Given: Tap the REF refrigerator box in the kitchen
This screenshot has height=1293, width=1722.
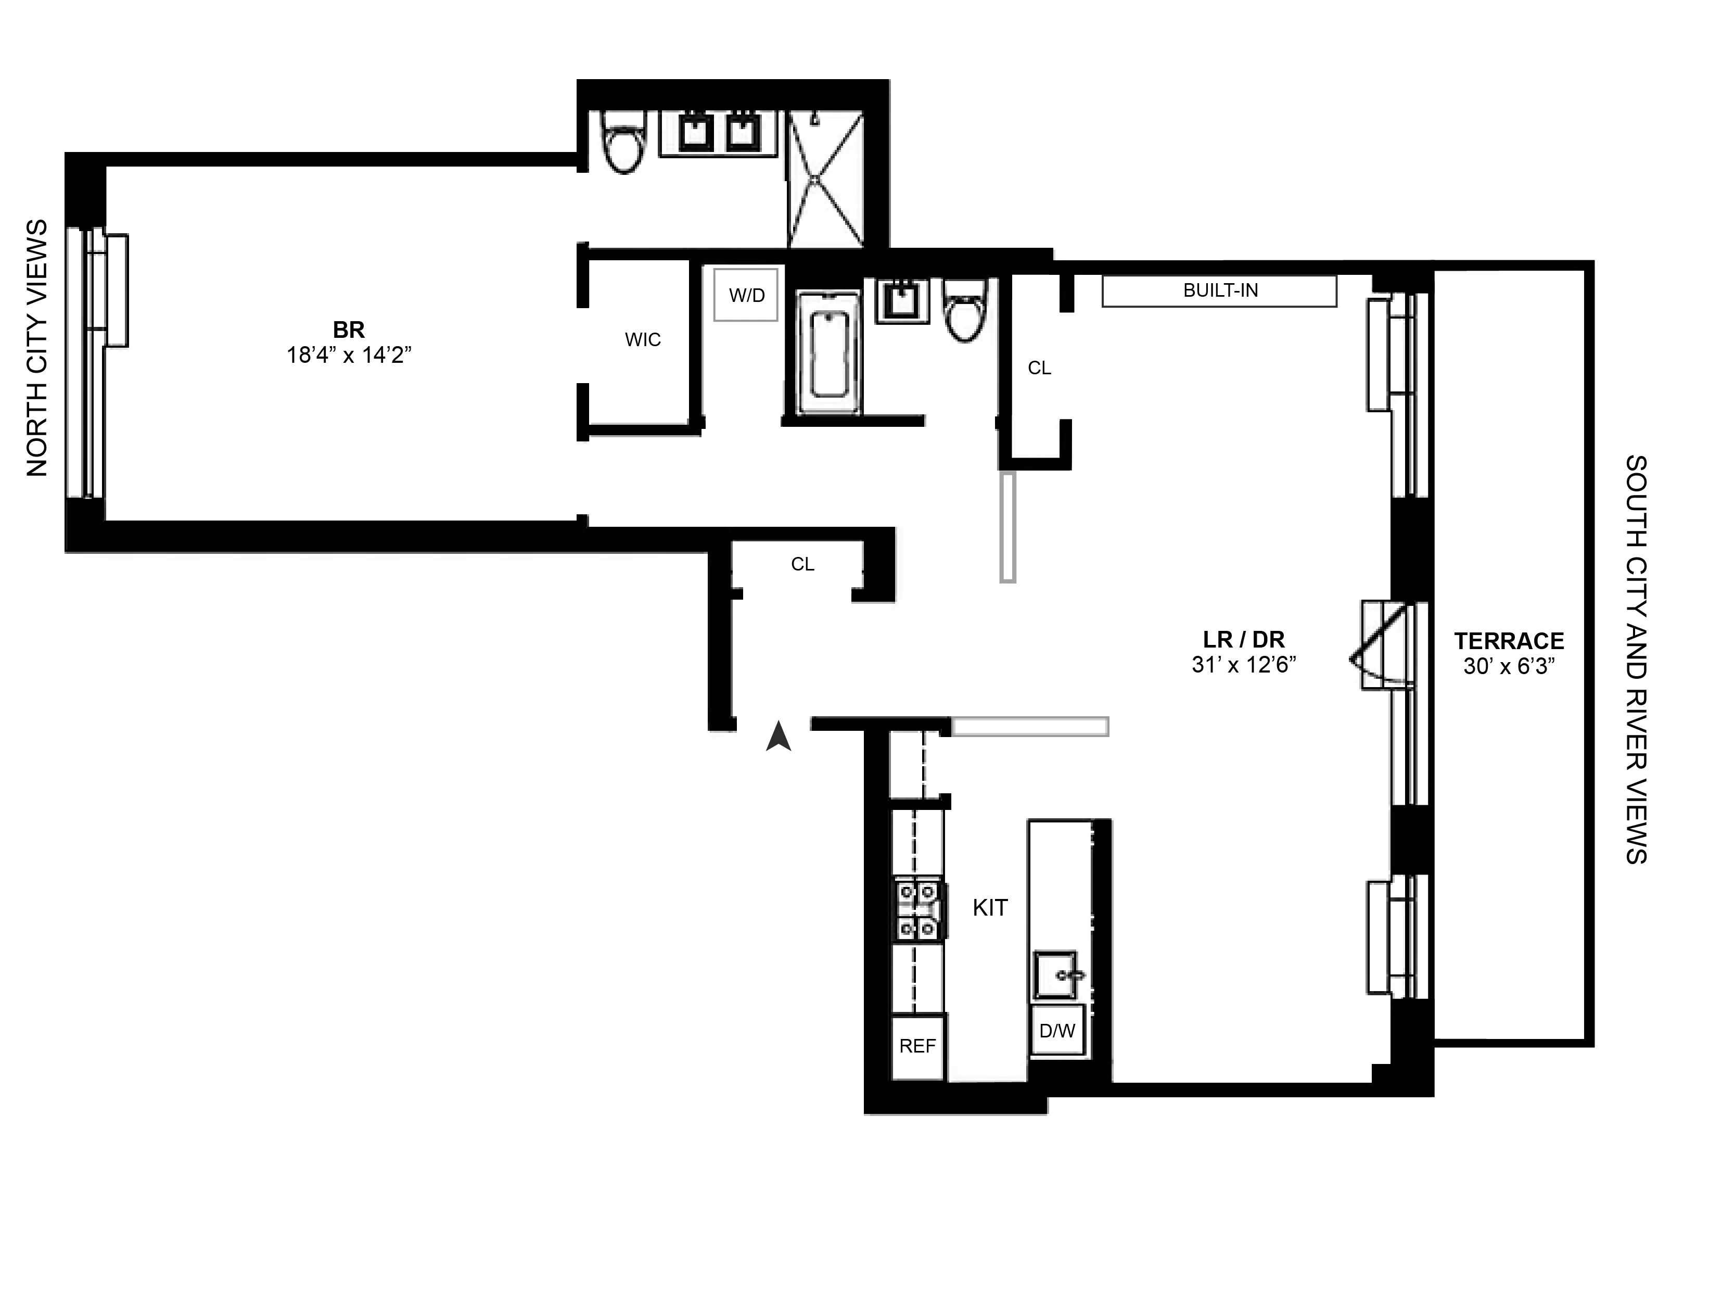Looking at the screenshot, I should [x=917, y=1046].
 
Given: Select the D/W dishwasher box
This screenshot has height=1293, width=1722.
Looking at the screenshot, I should [x=1056, y=1031].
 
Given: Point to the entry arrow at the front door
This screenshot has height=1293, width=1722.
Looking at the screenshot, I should [x=779, y=737].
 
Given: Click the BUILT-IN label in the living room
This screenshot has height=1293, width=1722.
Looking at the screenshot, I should [x=1220, y=290].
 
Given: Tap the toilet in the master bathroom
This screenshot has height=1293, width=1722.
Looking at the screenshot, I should [x=625, y=148].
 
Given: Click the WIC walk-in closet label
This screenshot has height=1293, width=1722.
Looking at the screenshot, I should [x=642, y=339].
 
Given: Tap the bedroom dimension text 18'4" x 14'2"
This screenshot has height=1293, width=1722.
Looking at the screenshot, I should [x=348, y=356].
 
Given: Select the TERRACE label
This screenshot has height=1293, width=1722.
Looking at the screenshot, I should [x=1509, y=641].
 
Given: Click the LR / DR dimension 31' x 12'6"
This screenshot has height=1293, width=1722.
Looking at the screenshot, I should [x=1243, y=665].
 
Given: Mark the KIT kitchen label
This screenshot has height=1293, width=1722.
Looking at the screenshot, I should [x=989, y=908].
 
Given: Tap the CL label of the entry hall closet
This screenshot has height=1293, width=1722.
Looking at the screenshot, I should [x=802, y=564].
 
